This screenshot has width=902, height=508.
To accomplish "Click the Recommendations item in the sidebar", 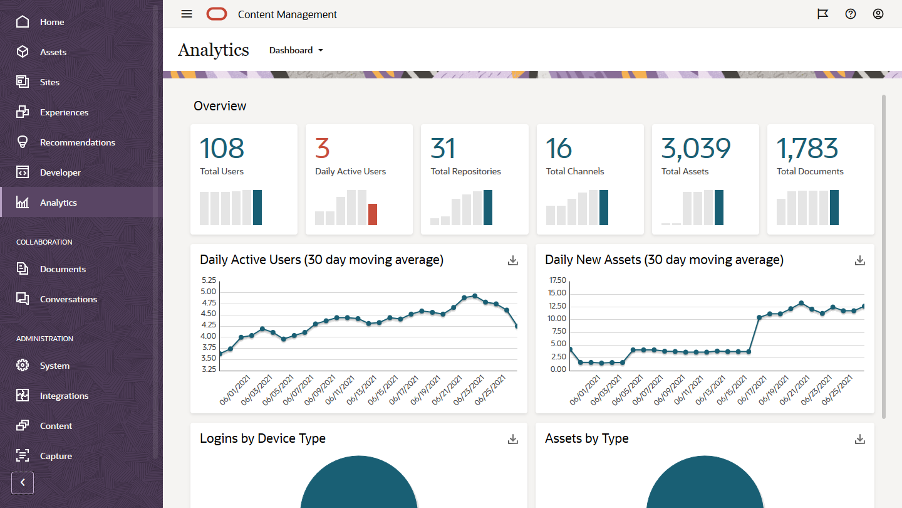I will click(x=77, y=142).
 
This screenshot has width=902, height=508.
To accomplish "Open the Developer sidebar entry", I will click(x=60, y=172).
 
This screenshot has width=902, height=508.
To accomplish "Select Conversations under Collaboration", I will click(x=68, y=299).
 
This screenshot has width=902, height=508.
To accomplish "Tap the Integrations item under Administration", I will click(x=64, y=396).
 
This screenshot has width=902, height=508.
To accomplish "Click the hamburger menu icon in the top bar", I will click(x=187, y=14).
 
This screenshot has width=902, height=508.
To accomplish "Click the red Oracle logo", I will click(x=217, y=14).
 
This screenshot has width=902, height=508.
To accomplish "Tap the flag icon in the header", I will click(x=823, y=14).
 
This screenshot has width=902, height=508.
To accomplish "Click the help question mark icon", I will click(x=851, y=14).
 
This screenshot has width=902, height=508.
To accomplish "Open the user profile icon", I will click(x=878, y=14).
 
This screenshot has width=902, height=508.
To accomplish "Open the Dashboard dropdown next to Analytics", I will click(x=296, y=50).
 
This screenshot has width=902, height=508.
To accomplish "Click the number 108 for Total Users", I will click(x=222, y=149).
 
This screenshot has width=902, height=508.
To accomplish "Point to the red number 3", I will click(x=323, y=149).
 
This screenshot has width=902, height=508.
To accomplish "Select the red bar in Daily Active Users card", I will click(x=373, y=214).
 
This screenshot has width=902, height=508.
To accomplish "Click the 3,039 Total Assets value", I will click(x=696, y=149).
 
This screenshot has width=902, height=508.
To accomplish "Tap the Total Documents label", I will click(x=810, y=171).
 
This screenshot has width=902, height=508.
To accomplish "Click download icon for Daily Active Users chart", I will click(x=513, y=260).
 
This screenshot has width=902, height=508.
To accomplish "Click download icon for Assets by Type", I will click(x=860, y=440).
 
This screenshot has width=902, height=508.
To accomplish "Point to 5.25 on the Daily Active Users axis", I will click(x=208, y=280).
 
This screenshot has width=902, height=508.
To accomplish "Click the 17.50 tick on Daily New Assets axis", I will click(x=557, y=280).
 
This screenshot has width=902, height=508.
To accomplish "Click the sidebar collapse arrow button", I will click(x=23, y=482).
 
